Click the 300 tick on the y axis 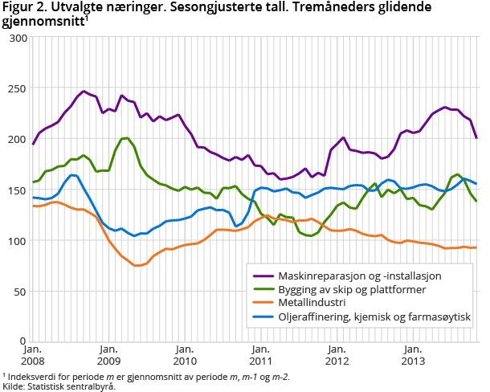click(17, 38)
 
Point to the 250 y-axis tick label click(17, 88)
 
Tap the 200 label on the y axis click(17, 139)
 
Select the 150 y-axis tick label click(17, 190)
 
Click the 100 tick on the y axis click(17, 240)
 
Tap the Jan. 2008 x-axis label click(33, 355)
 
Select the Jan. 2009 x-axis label click(109, 355)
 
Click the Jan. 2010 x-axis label click(185, 355)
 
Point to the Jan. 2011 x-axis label click(260, 355)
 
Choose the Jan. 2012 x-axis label click(337, 355)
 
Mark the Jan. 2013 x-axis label click(412, 355)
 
